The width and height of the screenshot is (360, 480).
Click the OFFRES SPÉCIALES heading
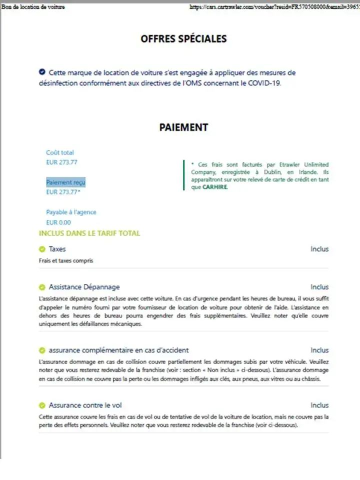(x=183, y=38)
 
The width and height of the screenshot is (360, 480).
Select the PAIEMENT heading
(x=183, y=127)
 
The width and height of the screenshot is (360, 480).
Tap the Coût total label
(x=60, y=152)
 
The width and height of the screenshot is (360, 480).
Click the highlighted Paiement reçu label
(x=65, y=182)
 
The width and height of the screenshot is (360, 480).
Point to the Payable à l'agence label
(x=71, y=212)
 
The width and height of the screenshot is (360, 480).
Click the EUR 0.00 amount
(x=58, y=222)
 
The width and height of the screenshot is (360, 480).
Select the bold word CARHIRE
(x=215, y=187)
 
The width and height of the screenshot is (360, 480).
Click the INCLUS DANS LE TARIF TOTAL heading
(x=89, y=233)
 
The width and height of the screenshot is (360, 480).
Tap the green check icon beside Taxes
(x=42, y=249)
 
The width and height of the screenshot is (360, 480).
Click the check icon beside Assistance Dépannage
(x=42, y=287)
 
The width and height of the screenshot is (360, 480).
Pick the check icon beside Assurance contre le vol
(x=42, y=405)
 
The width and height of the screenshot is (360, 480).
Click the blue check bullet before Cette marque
(x=42, y=72)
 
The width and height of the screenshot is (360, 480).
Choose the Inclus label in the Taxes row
(x=319, y=249)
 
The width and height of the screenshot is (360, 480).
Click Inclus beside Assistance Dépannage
(x=319, y=287)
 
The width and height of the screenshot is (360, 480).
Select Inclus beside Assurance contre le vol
(x=319, y=405)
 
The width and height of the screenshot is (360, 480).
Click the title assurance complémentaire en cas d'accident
(x=118, y=350)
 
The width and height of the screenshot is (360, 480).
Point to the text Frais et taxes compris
(x=66, y=260)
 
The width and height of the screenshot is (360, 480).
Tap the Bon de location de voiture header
(x=33, y=7)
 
